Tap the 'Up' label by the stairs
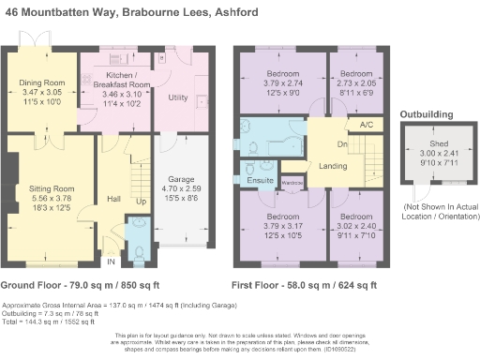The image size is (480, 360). (142, 202)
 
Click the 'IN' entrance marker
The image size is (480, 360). (110, 261)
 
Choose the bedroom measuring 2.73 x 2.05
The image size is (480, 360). (355, 73)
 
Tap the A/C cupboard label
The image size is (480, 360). (366, 124)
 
